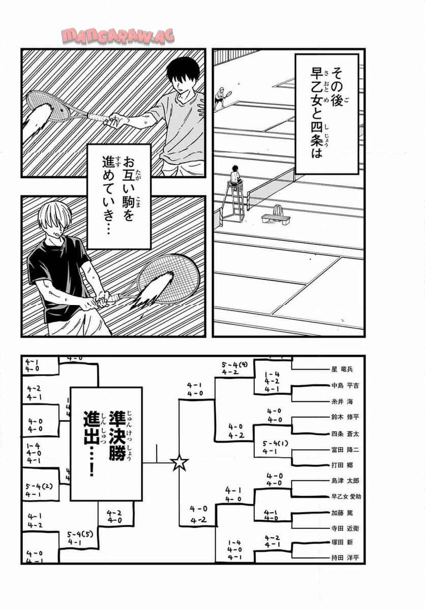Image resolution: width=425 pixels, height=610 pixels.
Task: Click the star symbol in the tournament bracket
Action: tap(179, 463)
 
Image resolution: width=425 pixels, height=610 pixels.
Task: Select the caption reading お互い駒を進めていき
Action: tap(119, 195)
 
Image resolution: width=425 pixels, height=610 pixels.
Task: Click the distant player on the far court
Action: tap(220, 97)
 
